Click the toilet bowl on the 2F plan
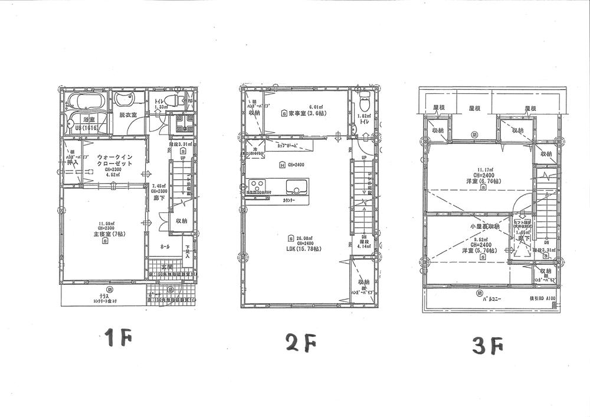point(364,104)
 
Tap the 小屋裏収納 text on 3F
point(485,226)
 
